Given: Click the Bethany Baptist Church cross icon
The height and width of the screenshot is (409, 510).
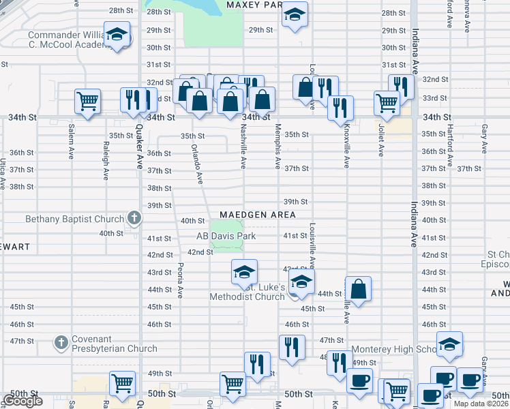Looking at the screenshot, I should [134, 219].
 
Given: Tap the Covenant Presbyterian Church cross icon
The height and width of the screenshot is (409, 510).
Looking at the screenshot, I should [61, 341].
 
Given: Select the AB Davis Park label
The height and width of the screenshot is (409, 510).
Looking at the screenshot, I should [226, 236].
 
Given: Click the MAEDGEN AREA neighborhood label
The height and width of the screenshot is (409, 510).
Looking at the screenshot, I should [257, 215].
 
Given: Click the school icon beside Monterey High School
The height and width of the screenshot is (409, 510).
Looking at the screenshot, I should [449, 344].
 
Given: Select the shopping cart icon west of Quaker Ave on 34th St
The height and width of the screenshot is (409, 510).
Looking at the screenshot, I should [88, 102].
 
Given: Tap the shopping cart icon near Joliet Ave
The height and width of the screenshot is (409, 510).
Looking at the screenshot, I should [387, 103].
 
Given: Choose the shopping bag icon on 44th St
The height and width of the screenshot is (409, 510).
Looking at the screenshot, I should [358, 288].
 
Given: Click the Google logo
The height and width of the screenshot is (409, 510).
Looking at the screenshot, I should [22, 401].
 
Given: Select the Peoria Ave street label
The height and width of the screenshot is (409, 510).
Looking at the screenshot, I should [180, 280].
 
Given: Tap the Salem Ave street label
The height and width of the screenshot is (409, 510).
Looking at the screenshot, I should [71, 141].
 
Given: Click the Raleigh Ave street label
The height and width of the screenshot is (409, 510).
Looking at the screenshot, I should [106, 160].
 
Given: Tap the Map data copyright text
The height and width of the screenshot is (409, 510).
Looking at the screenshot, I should [481, 404].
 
